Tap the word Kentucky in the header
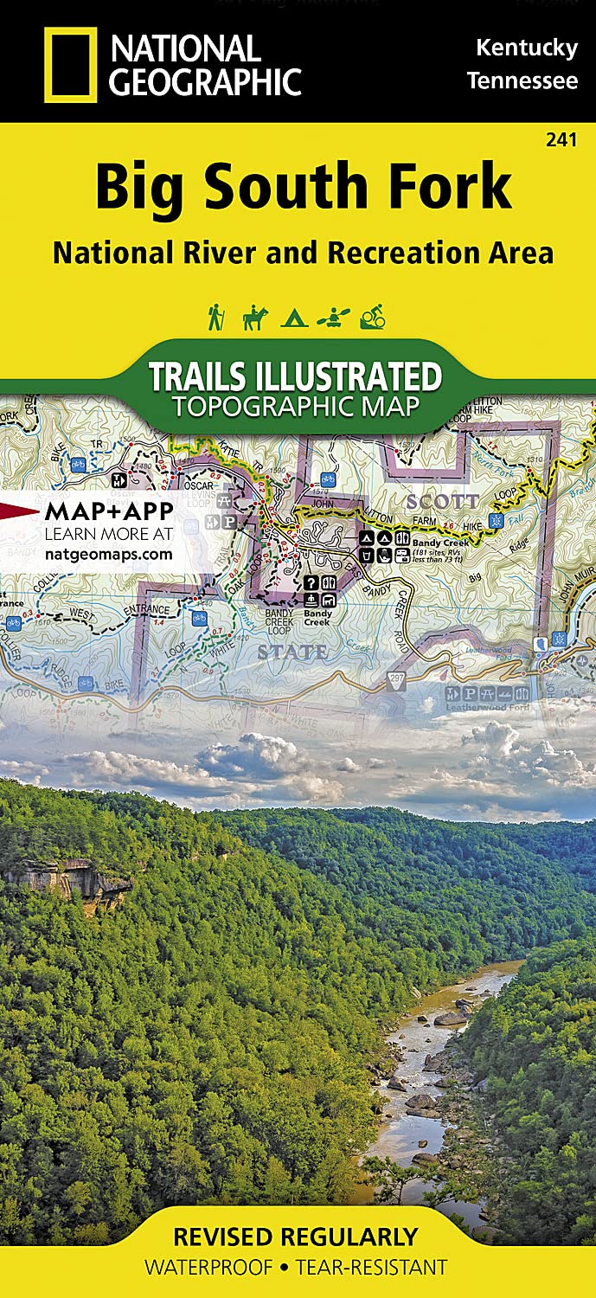coord(526,48)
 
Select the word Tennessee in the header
coord(522,81)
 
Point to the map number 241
coord(562,139)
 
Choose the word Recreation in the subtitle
coord(394,253)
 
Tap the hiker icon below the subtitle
coord(215,318)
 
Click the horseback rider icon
coord(255,318)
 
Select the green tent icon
coord(294,318)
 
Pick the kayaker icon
coord(332,318)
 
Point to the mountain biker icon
coord(372,318)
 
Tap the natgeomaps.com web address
coord(107,554)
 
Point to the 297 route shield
coord(397,678)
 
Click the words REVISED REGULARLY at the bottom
coord(296,1237)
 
